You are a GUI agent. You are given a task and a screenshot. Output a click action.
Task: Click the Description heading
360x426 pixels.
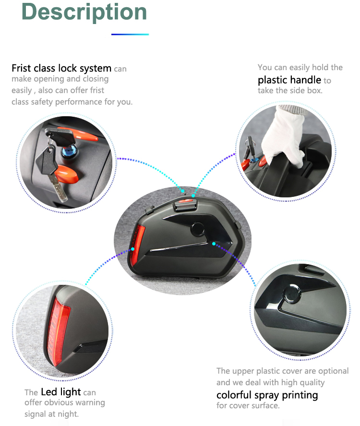(x=84, y=12)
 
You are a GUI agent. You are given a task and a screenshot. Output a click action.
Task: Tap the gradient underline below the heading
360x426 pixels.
(x=130, y=34)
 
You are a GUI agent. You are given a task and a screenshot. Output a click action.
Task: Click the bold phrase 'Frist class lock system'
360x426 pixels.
(x=61, y=68)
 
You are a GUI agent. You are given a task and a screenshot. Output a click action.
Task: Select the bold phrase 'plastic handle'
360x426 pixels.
(x=289, y=80)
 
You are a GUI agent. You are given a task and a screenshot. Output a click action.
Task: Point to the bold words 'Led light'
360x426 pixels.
(x=61, y=392)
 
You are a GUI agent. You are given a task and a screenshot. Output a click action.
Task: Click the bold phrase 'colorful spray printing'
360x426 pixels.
(x=267, y=395)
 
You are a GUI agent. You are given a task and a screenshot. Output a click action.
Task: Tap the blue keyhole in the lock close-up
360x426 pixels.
(x=67, y=151)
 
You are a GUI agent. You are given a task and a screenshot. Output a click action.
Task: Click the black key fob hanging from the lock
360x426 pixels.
(x=47, y=162)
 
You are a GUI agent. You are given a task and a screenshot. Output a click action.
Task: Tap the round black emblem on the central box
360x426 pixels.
(x=197, y=229)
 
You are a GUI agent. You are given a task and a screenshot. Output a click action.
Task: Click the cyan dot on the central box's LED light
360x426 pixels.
(x=133, y=249)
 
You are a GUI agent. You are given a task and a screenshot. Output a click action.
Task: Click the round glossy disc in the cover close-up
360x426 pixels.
(x=292, y=294)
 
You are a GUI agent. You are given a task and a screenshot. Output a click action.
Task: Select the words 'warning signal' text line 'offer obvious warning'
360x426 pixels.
(x=65, y=402)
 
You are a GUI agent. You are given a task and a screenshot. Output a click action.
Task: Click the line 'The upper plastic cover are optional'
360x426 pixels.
(x=282, y=371)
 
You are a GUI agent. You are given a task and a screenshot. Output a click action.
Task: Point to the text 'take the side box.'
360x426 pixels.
(x=290, y=90)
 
